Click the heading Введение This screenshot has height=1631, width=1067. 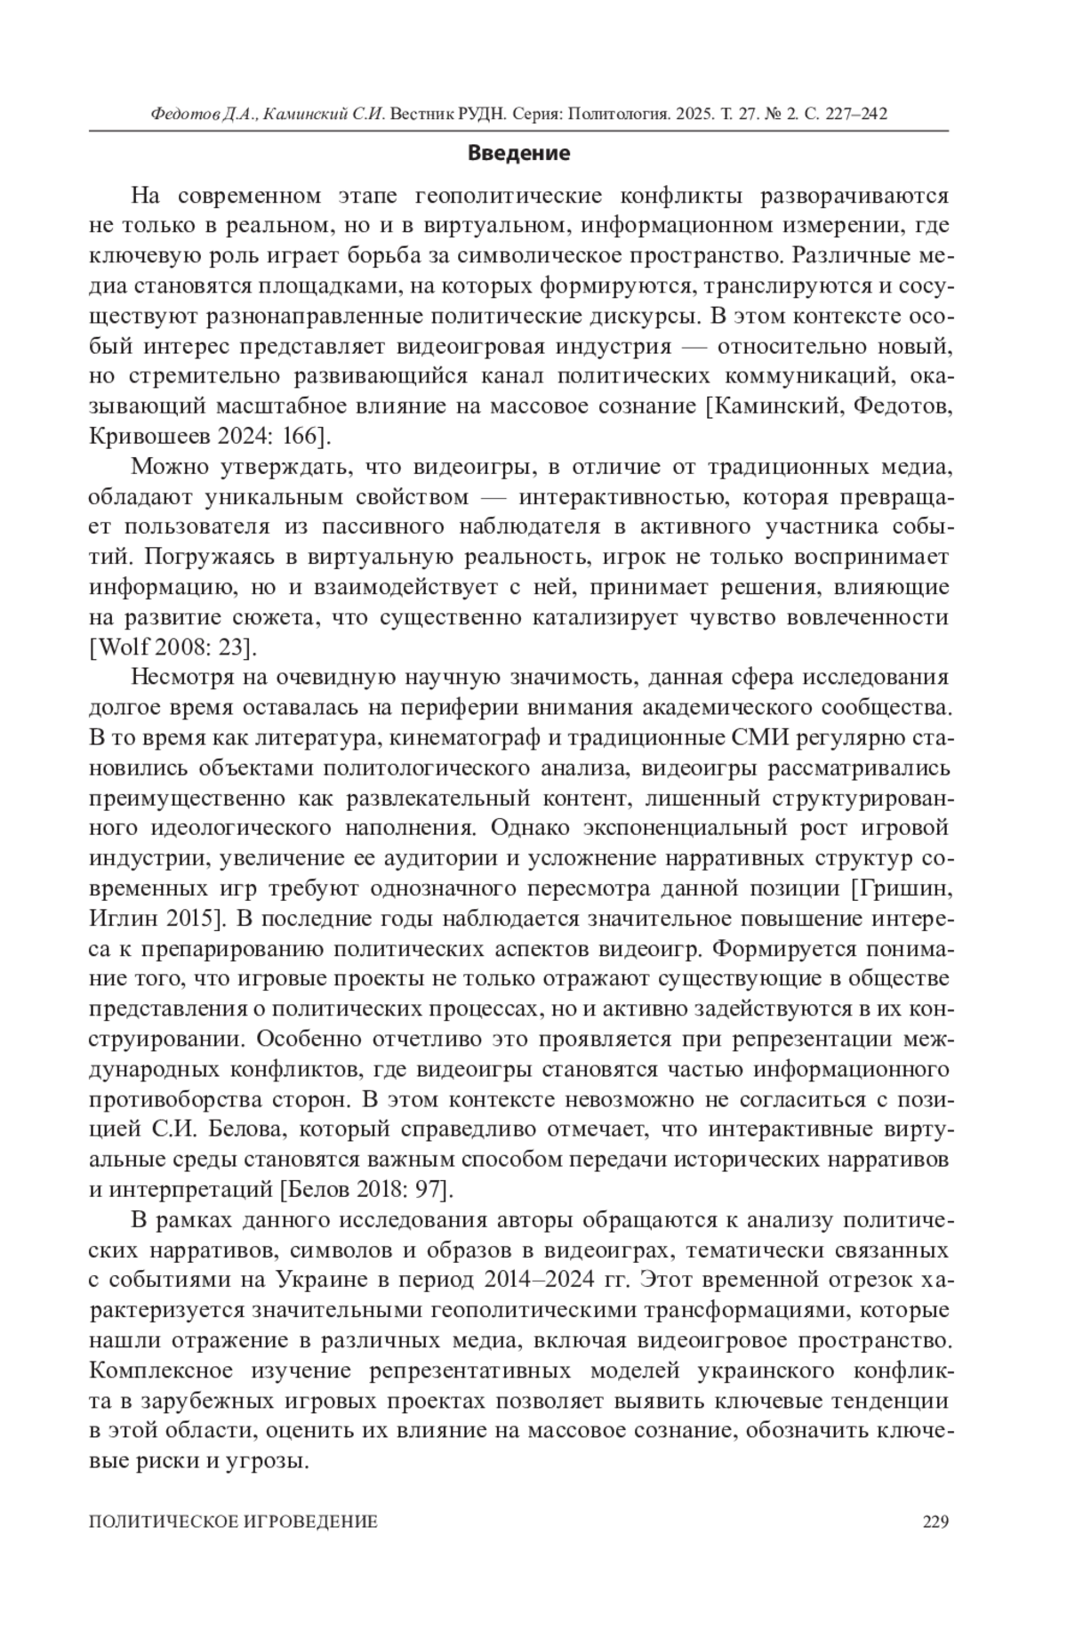[x=518, y=153]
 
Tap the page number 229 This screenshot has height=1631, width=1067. [x=935, y=1522]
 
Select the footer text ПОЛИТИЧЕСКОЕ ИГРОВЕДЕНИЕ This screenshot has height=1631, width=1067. [x=234, y=1522]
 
